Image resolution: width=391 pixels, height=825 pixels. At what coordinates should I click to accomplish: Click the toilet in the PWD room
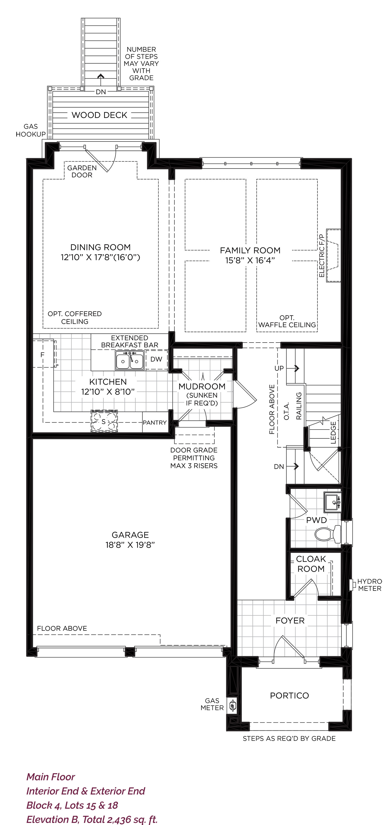[x=328, y=534]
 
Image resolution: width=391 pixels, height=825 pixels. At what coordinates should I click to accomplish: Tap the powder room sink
[x=332, y=502]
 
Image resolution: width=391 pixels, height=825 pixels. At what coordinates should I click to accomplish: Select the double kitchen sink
[x=130, y=360]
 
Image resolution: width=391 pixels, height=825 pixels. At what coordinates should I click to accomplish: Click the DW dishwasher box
[x=156, y=359]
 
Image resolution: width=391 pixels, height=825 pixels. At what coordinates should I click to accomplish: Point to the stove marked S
[x=104, y=421]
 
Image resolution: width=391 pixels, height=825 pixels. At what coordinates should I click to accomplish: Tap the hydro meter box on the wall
[x=352, y=585]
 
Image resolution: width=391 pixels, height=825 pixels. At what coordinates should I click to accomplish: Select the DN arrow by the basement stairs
[x=292, y=466]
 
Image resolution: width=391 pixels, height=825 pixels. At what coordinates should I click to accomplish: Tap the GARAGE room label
[x=130, y=535]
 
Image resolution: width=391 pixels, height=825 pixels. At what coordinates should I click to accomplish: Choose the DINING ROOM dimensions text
[x=100, y=257]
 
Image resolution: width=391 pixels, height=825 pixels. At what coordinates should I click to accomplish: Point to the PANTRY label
[x=155, y=423]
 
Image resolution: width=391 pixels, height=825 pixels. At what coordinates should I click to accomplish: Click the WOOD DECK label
[x=99, y=115]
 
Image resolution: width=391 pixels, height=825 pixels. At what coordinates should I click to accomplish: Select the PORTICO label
[x=289, y=696]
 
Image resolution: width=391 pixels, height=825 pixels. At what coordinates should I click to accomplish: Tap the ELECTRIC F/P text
[x=321, y=256]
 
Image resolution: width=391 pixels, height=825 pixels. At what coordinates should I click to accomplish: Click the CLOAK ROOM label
[x=311, y=564]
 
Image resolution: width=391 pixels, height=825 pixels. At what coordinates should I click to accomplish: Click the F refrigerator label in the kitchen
[x=42, y=355]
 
